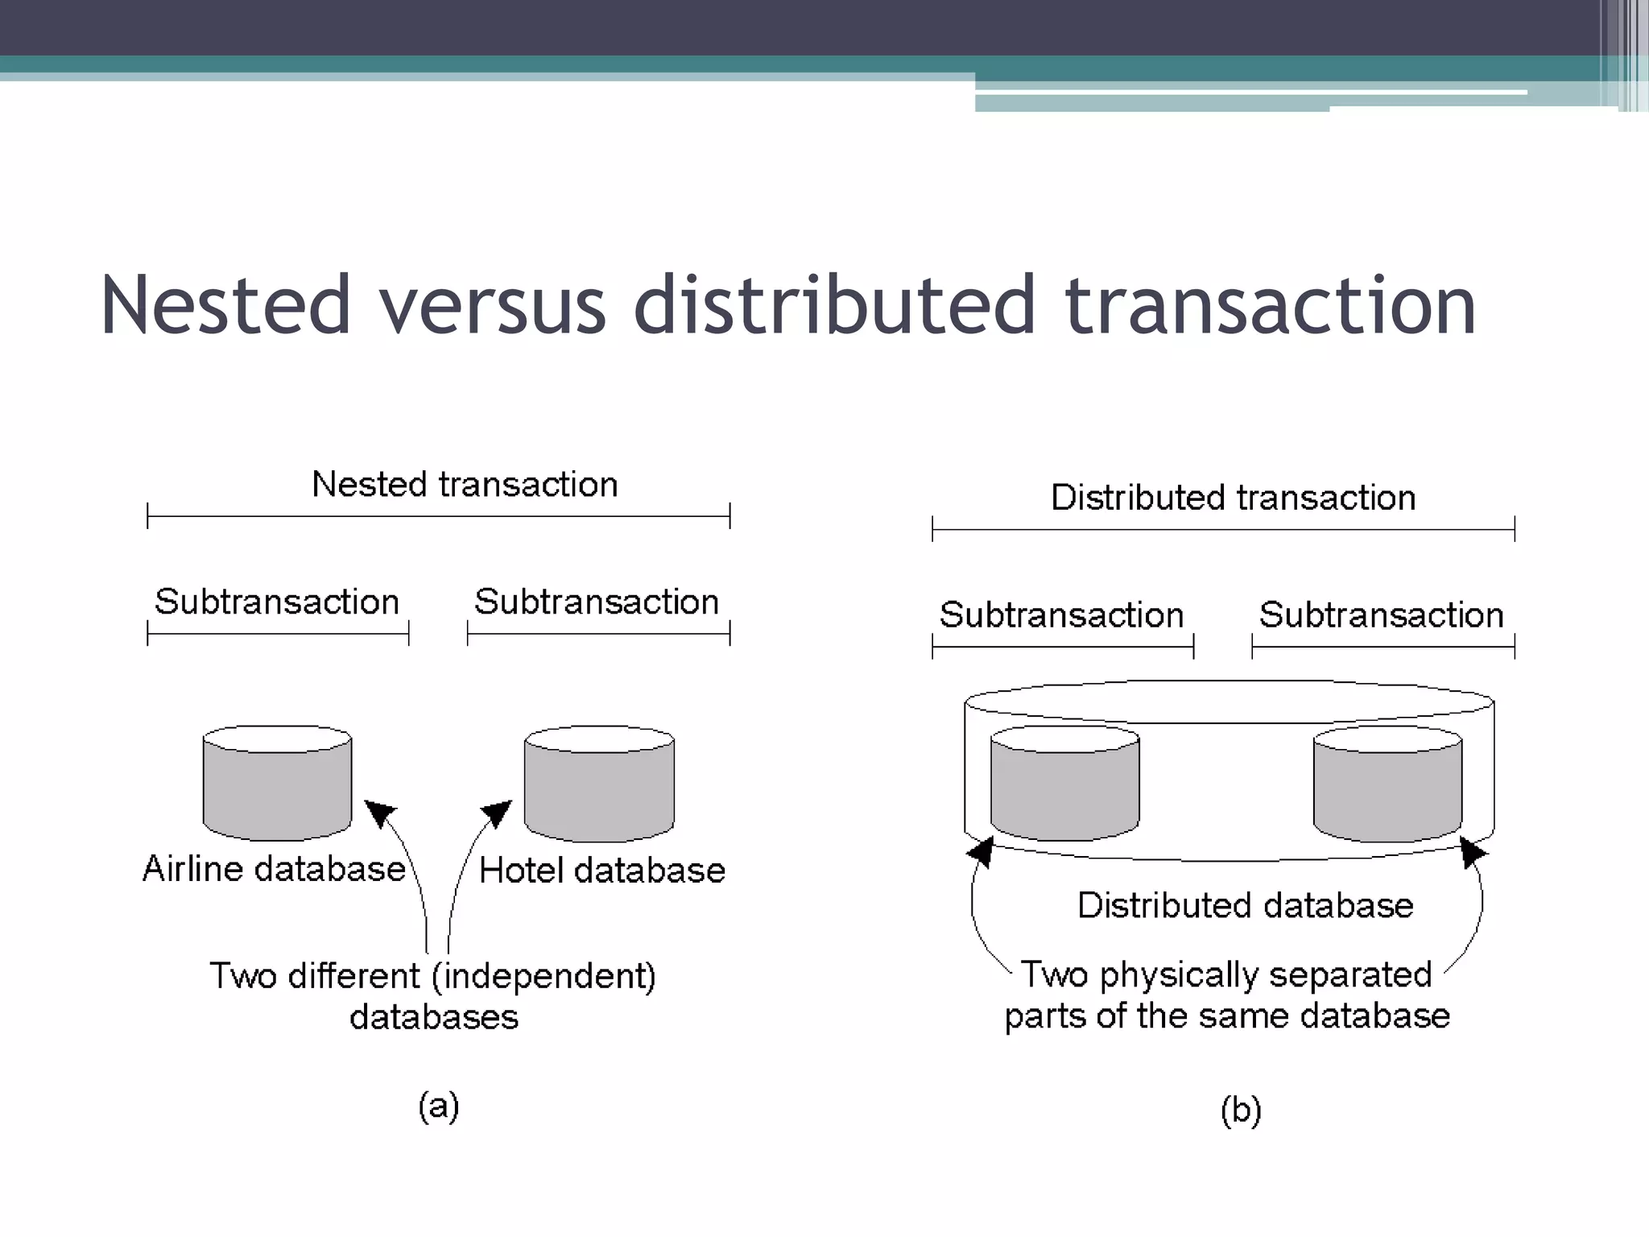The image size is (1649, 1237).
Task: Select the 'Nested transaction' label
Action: pyautogui.click(x=465, y=485)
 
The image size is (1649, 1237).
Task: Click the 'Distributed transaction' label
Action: pyautogui.click(x=1233, y=498)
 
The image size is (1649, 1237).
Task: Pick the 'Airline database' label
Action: pyautogui.click(x=274, y=869)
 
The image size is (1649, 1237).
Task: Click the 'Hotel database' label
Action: pyautogui.click(x=602, y=871)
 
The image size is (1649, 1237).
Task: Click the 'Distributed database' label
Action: pyautogui.click(x=1245, y=906)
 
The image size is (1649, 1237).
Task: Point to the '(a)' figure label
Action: pyautogui.click(x=439, y=1106)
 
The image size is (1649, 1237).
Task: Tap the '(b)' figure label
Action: pyautogui.click(x=1241, y=1111)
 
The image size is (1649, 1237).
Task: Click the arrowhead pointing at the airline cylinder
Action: pyautogui.click(x=381, y=813)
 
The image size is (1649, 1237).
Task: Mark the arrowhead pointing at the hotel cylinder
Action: pyautogui.click(x=497, y=813)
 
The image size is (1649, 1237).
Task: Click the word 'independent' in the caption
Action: pyautogui.click(x=543, y=976)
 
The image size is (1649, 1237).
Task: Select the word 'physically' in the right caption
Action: pyautogui.click(x=1177, y=975)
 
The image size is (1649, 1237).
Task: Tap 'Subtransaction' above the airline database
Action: pyautogui.click(x=277, y=602)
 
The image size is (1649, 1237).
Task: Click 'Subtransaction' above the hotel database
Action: pyautogui.click(x=597, y=602)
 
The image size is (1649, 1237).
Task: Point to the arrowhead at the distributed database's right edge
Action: pyautogui.click(x=1473, y=851)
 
